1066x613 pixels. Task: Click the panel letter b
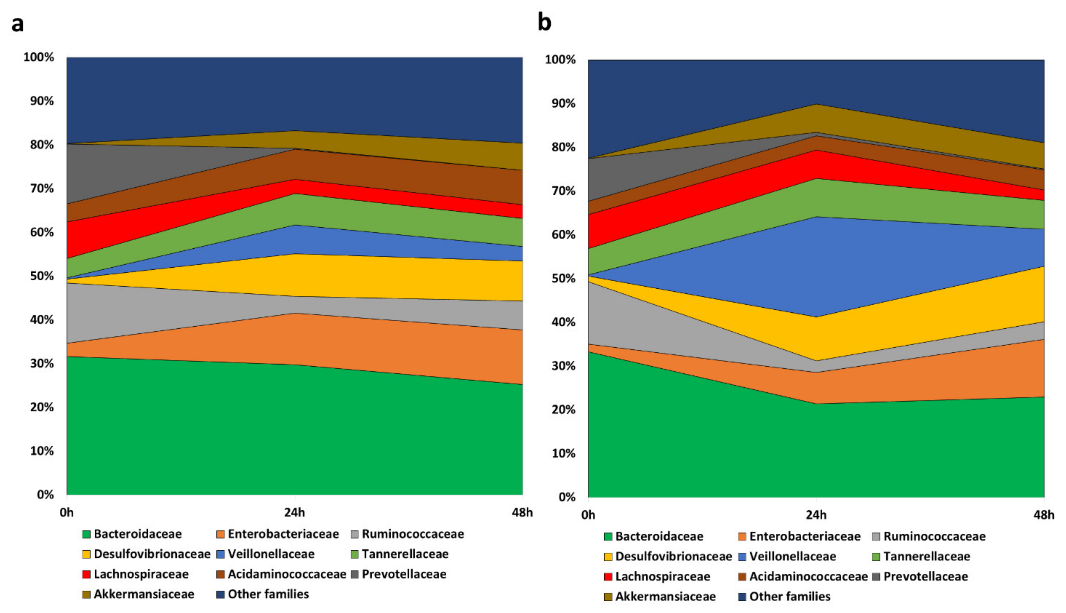pyautogui.click(x=544, y=22)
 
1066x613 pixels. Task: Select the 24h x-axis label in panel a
pyautogui.click(x=294, y=512)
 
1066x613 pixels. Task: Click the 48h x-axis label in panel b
pyautogui.click(x=1044, y=515)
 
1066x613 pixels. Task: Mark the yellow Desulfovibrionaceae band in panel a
pyautogui.click(x=337, y=276)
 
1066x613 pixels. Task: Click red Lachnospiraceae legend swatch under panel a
pyautogui.click(x=86, y=574)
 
